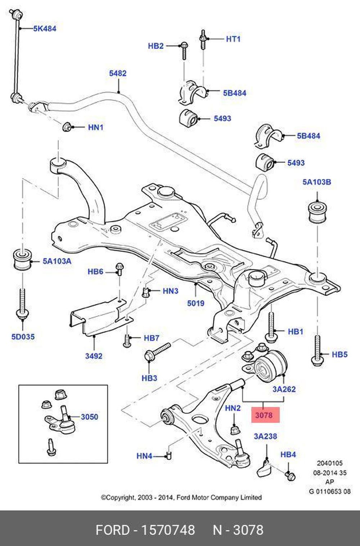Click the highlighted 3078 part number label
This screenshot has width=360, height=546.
point(264,415)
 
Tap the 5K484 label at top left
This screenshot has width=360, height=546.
point(45,28)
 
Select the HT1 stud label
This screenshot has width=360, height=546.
point(233,39)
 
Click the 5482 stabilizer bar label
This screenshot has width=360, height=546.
point(118,73)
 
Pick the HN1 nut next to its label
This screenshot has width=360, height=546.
point(67,127)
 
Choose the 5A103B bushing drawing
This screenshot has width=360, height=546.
point(318,212)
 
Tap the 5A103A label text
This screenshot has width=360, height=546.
point(57,261)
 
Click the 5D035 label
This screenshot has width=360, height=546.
point(23,337)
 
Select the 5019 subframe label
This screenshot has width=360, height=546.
point(195,303)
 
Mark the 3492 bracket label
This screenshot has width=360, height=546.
point(94,356)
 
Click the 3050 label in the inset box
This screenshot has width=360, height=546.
point(89,417)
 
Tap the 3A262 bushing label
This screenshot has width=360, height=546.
point(284,389)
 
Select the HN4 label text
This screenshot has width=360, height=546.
point(144,456)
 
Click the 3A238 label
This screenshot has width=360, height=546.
point(265,437)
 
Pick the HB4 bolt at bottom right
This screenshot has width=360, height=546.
point(290,476)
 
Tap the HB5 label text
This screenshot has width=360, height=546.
point(339,354)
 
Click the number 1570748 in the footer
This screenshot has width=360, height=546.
point(168,530)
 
